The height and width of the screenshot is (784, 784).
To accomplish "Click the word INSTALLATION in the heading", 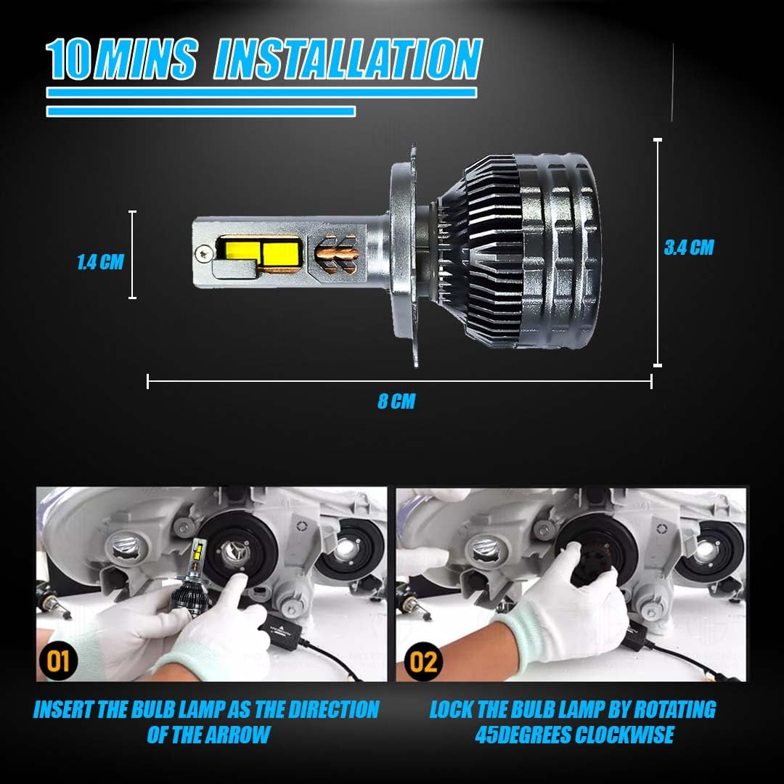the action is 348,59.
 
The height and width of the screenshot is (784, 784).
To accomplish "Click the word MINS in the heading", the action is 146,60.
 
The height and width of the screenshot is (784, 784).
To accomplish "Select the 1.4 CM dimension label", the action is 100,261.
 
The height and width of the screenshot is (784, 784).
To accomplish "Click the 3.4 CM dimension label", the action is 689,248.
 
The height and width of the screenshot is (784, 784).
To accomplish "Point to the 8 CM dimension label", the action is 396,401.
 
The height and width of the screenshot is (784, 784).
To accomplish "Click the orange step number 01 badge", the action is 58,661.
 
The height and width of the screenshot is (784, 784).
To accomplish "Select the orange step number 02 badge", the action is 423,661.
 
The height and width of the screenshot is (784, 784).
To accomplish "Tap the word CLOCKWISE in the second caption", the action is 624,735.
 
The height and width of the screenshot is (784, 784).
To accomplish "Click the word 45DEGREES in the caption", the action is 523,735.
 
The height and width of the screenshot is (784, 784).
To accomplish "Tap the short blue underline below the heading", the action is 201,111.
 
